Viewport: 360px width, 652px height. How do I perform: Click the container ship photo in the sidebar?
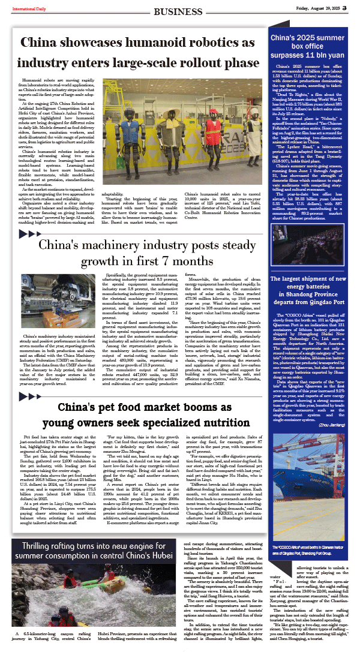(x=309, y=507)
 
